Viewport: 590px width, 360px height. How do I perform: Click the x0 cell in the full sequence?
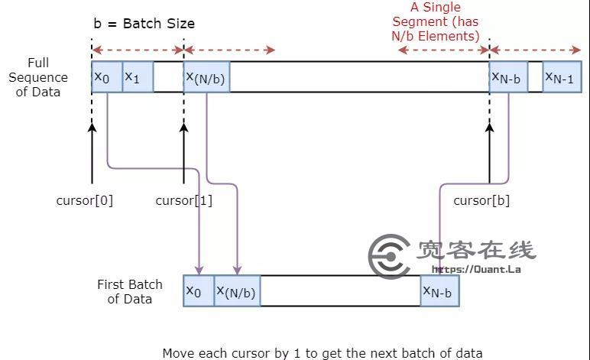[x=106, y=77]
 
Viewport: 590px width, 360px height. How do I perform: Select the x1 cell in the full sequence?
[x=137, y=77]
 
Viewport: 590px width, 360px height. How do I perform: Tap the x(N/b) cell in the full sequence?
[x=206, y=77]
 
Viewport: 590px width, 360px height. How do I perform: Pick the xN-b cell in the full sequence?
[x=507, y=77]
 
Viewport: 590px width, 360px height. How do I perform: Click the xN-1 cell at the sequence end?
[x=562, y=77]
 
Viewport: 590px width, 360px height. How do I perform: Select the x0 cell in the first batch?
[x=198, y=291]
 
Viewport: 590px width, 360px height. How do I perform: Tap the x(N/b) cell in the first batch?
[x=237, y=291]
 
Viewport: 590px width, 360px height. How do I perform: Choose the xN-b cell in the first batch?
[x=439, y=291]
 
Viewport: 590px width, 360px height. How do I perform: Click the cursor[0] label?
[x=84, y=201]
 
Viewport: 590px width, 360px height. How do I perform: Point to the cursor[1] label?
[x=183, y=201]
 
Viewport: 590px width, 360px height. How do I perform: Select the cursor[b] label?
[x=481, y=201]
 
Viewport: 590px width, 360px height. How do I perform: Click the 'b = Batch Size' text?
[x=144, y=24]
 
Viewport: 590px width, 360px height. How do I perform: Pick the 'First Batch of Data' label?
[x=130, y=291]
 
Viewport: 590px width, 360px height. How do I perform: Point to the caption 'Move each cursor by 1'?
[x=322, y=352]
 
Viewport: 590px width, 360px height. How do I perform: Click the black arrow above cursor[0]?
[x=92, y=153]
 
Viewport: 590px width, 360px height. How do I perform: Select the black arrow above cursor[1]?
[x=183, y=153]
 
